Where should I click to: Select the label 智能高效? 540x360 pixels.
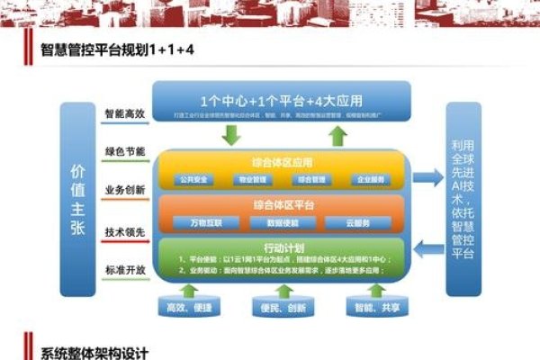tap(125, 114)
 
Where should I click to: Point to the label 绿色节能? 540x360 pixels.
tap(125, 151)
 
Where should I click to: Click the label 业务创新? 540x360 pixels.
tap(125, 190)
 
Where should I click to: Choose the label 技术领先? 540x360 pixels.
tap(125, 231)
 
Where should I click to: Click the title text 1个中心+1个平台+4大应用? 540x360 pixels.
tap(282, 100)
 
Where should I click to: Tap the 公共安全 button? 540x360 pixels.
tap(198, 179)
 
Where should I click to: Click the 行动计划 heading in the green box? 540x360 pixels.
tap(282, 246)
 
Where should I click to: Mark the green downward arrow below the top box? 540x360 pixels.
tap(231, 136)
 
